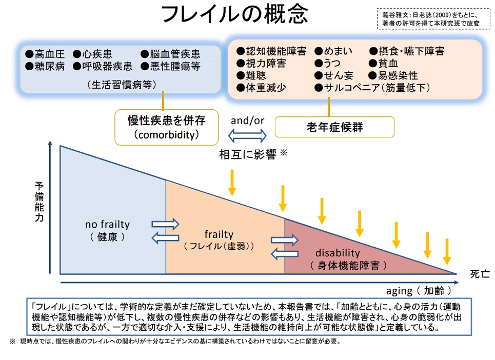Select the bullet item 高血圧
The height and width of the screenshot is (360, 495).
47,54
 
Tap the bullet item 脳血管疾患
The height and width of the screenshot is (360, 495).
170,54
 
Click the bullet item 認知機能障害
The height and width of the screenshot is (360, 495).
271,51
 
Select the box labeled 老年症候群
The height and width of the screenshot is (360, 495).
334,127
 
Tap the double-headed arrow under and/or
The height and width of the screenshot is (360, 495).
248,135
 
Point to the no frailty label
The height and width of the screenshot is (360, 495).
107,225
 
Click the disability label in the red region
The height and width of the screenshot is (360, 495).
338,253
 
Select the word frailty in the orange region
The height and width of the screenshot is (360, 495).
219,235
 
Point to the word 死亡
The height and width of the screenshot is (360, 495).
479,274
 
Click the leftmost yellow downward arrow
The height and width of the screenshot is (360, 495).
232,183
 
